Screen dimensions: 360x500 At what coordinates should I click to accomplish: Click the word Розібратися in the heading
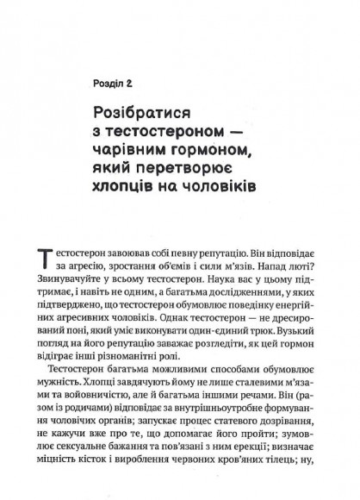coord(154,114)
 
